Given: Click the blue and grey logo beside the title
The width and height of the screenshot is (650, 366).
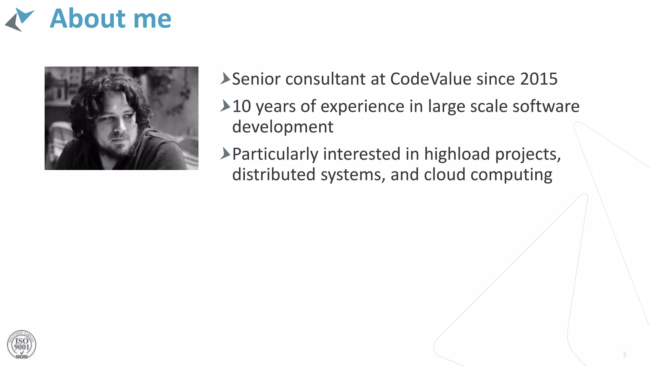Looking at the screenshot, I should tap(19, 19).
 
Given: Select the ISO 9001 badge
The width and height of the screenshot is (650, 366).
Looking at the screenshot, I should tap(22, 345).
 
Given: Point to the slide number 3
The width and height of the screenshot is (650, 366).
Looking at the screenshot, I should tap(624, 355).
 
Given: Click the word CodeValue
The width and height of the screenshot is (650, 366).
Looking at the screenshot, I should tap(431, 79).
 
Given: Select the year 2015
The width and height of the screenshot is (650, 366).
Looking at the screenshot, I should tap(539, 79).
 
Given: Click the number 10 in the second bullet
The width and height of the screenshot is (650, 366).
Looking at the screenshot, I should tap(242, 106).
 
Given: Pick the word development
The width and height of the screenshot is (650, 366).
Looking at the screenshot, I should tap(283, 127).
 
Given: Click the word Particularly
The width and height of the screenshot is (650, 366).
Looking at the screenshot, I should tap(275, 154).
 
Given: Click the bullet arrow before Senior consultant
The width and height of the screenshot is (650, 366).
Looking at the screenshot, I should tap(225, 78).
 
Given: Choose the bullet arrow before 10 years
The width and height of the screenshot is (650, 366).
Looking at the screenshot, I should tap(225, 106).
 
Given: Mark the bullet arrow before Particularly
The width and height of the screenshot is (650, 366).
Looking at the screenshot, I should tap(225, 153).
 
